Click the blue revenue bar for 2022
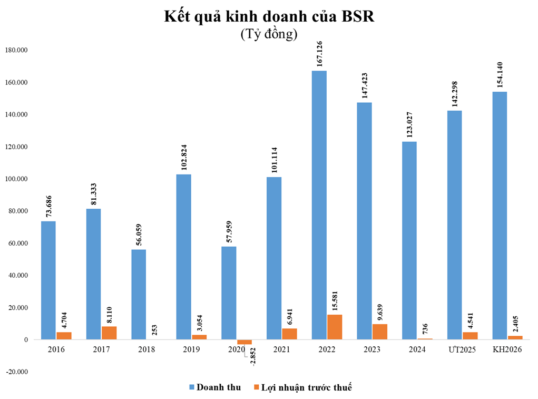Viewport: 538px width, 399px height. (x=319, y=205)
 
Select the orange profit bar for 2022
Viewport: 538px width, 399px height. (x=335, y=327)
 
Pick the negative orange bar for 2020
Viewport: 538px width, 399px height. (x=244, y=342)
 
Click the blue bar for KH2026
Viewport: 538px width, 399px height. (x=500, y=216)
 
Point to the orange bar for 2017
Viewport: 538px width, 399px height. (x=109, y=333)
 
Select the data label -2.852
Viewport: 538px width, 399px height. (x=255, y=361)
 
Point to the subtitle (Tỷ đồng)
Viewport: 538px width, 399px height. (x=269, y=35)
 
